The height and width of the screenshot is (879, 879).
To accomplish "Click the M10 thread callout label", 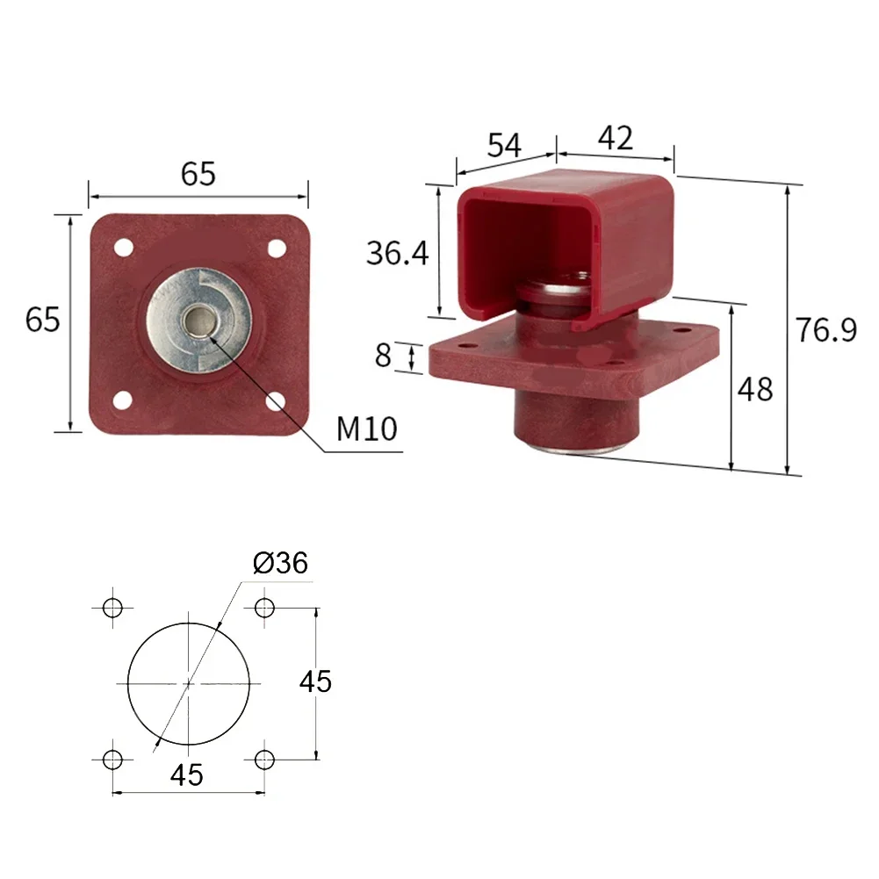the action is [x=367, y=429].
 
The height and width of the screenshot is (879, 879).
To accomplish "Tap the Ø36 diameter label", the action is [x=280, y=562].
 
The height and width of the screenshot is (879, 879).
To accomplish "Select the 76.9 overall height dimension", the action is [x=826, y=329].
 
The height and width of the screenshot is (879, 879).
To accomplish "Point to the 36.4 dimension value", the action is [x=398, y=253].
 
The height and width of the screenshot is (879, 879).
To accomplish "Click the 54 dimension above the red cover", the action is [x=504, y=145].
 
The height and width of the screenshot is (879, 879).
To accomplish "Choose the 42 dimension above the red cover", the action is [x=616, y=137].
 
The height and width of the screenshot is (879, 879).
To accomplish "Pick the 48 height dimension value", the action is [x=754, y=389].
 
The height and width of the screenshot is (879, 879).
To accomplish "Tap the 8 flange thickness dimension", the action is [x=383, y=355].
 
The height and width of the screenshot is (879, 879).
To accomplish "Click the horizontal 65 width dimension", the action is [x=198, y=174].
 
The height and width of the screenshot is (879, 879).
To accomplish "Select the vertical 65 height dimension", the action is [x=43, y=321].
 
